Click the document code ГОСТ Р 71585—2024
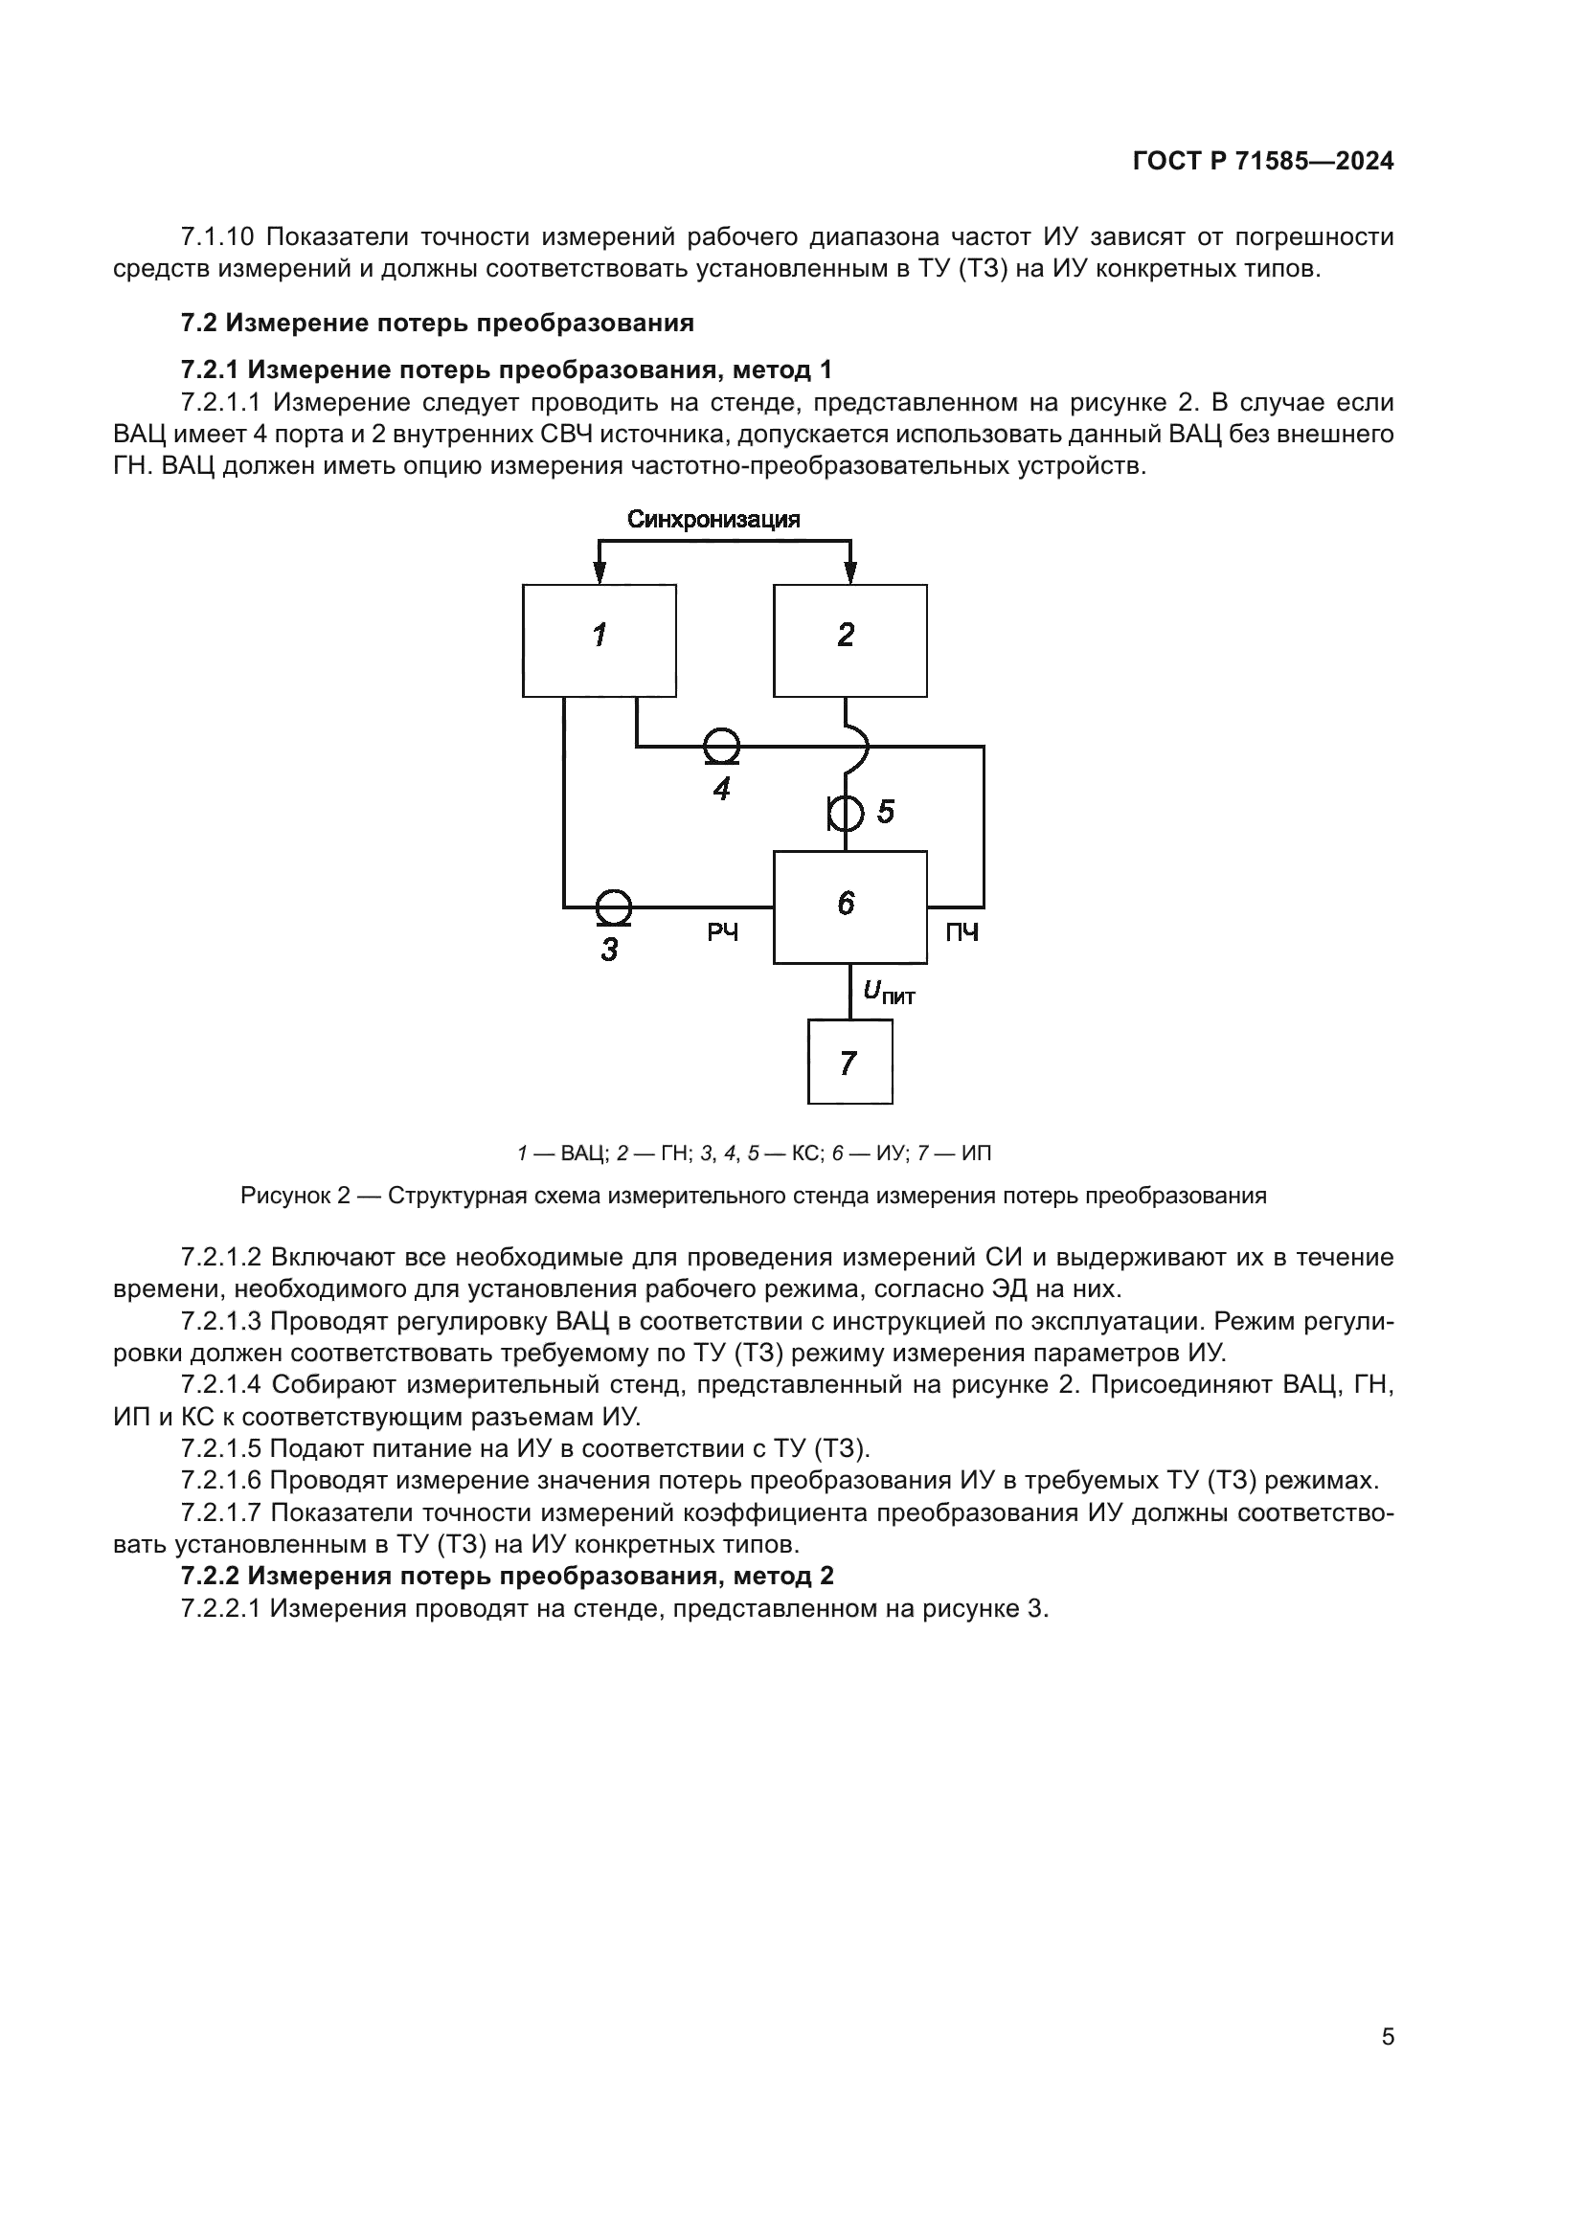coord(1263,162)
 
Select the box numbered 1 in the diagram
coord(599,640)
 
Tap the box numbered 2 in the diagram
coord(849,640)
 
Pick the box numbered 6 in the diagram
coord(849,907)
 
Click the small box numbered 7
coord(849,1061)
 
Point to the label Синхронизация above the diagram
coord(713,519)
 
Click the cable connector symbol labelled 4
coord(722,747)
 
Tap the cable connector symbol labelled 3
coord(614,907)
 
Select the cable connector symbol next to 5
coord(846,812)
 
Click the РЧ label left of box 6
coord(723,933)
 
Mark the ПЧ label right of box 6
coord(962,933)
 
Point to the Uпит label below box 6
coord(889,993)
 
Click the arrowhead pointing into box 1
coord(600,574)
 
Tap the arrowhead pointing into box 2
coord(850,574)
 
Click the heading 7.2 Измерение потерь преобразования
coord(437,323)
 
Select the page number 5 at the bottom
coord(1387,2036)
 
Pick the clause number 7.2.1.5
coord(221,1448)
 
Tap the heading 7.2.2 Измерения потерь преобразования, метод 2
coord(508,1576)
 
